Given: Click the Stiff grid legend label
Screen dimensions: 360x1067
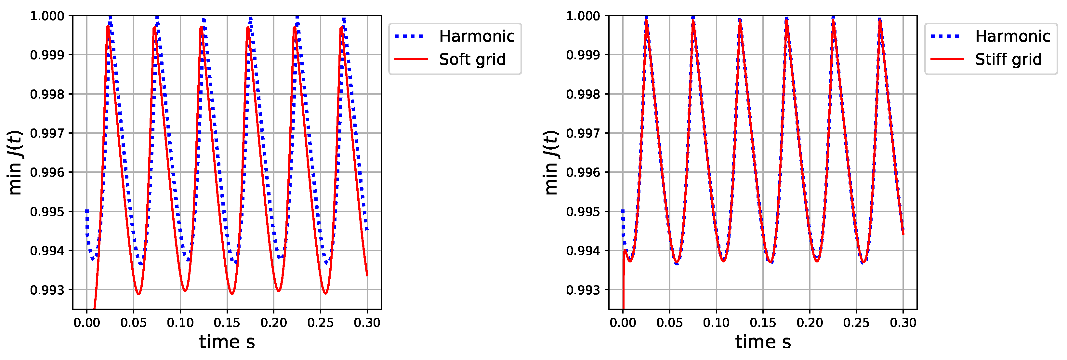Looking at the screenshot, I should pos(1008,59).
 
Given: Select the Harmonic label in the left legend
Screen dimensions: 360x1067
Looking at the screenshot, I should pos(477,36).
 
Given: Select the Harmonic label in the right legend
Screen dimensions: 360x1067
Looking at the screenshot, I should pos(1013,36).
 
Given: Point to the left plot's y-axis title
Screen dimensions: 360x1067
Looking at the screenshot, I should pos(15,162).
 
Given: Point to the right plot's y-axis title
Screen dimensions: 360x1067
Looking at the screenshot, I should pos(551,162).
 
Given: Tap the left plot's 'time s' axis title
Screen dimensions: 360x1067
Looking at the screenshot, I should pos(227,342).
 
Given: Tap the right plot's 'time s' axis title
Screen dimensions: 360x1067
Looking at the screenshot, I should pos(763,342).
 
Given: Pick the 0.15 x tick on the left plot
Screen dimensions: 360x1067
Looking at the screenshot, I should pos(227,323).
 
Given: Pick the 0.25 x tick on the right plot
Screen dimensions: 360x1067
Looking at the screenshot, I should pos(856,323).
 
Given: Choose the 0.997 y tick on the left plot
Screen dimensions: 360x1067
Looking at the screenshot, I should pos(47,133).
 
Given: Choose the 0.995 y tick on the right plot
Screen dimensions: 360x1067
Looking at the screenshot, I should pos(583,212).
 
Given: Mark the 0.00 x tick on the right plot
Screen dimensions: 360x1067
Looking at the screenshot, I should pos(623,323).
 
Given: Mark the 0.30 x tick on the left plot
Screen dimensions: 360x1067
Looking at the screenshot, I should pos(367,323).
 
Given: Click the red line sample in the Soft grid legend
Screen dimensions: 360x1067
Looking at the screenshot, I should pos(411,59).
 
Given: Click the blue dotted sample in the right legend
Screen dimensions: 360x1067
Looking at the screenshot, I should pos(947,36).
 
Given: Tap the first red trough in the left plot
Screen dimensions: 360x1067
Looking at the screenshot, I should pos(138,294).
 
